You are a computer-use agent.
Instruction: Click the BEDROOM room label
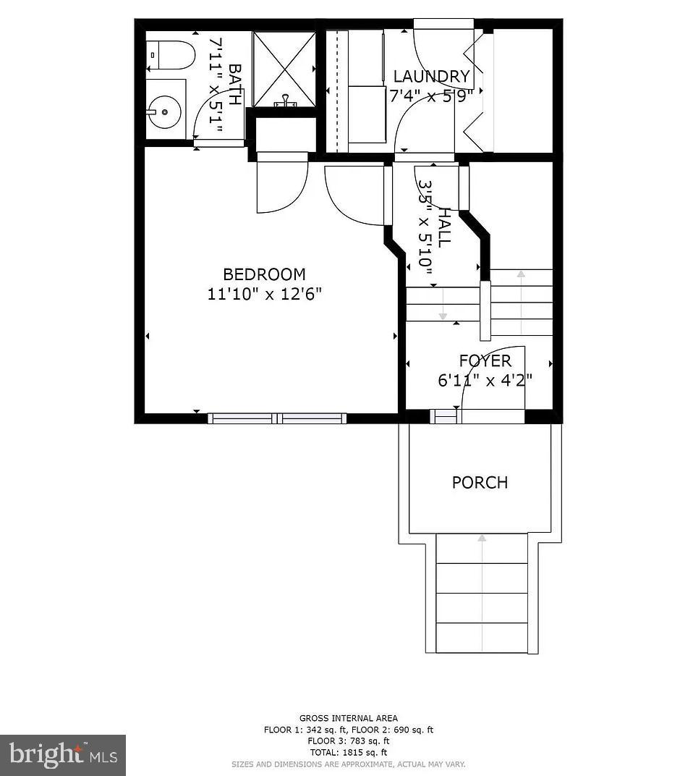tap(264, 274)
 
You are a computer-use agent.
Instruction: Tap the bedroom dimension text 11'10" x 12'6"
tap(264, 294)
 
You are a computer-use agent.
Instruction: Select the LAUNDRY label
tap(432, 77)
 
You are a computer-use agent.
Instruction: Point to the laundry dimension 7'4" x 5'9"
tap(432, 96)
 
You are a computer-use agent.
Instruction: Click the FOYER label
tap(485, 361)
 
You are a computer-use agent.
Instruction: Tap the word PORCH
tap(480, 483)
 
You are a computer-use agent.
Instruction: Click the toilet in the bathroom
tap(171, 55)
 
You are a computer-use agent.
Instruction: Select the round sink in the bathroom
tap(166, 111)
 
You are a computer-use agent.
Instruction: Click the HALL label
tap(444, 227)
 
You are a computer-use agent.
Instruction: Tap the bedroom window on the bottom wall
tap(277, 418)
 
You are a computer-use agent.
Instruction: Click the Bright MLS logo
tap(63, 755)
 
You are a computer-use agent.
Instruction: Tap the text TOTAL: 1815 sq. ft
tap(348, 752)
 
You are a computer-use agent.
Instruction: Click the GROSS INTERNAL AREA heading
tap(348, 718)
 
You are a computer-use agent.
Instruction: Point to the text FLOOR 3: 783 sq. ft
tap(348, 741)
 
